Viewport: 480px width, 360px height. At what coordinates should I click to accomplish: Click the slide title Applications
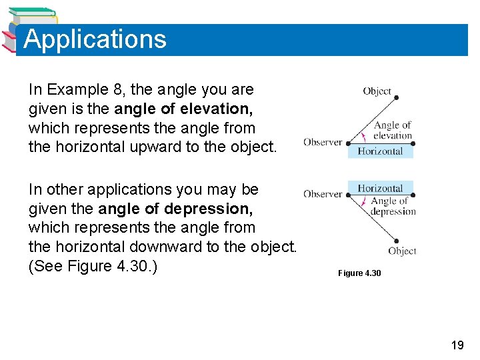point(95,39)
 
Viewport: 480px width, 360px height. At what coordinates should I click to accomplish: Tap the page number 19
point(457,345)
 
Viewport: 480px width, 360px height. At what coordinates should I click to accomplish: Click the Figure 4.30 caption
point(359,273)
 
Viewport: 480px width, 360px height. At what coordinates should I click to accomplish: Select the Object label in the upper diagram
point(377,91)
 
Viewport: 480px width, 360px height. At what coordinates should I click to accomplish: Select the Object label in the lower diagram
point(402,251)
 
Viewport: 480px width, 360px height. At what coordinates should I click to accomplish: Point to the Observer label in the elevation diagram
point(323,142)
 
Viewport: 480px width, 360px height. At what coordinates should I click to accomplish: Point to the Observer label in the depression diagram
point(323,194)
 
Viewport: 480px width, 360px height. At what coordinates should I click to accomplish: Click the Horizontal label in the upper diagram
point(380,151)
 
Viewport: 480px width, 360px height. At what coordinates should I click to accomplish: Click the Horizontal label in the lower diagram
point(380,189)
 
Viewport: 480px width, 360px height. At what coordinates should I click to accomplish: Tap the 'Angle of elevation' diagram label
point(393,130)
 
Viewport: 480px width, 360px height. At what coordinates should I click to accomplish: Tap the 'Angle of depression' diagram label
point(393,206)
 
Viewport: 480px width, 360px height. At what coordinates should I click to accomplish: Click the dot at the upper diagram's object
point(396,98)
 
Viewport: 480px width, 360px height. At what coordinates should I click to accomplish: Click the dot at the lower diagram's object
point(396,241)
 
